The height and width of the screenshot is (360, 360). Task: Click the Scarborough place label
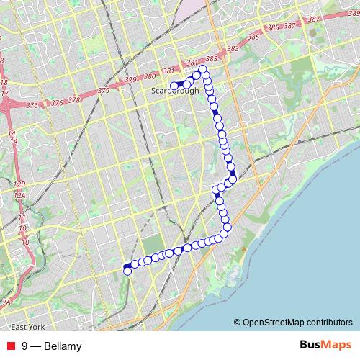click(176, 91)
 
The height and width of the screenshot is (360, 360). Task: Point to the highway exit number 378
click(74, 101)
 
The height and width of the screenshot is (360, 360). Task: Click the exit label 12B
click(19, 184)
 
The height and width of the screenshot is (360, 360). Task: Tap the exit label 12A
click(19, 195)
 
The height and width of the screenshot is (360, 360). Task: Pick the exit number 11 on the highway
click(22, 217)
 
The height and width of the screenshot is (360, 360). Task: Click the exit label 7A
click(6, 302)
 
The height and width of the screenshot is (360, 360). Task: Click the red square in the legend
click(10, 346)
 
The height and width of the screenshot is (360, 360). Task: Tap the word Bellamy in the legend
click(63, 346)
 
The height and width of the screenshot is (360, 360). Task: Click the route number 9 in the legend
click(25, 346)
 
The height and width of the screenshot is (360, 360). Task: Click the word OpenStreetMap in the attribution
click(272, 323)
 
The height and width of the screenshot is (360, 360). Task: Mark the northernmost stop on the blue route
click(203, 69)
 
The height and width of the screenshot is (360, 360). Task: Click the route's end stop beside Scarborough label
click(174, 85)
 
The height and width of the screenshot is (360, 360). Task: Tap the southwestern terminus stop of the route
click(127, 271)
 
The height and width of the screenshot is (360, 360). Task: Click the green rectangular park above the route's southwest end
click(153, 245)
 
